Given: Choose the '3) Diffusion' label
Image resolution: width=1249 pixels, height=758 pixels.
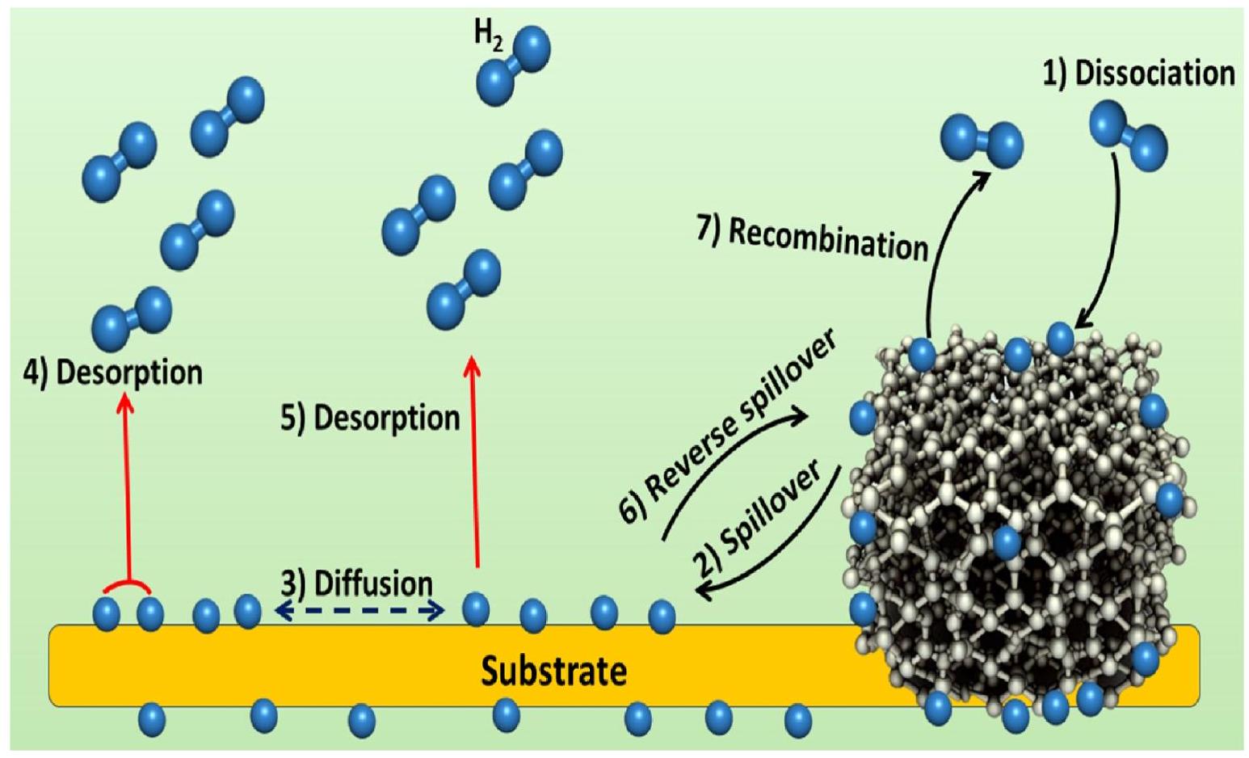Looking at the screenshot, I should (x=357, y=583).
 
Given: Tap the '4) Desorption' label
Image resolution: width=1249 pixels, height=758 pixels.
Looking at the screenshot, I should (x=112, y=372).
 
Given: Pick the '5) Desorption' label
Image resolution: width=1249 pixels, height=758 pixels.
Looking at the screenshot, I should (x=370, y=418).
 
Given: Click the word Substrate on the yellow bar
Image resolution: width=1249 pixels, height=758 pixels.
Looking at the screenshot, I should (x=553, y=671).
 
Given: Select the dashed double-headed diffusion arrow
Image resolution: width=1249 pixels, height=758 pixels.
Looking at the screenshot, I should (x=359, y=612).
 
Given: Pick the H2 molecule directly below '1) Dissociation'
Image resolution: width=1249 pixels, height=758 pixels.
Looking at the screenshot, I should (x=1128, y=135).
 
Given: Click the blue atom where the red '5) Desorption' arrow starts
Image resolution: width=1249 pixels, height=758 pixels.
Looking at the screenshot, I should (x=475, y=609).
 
